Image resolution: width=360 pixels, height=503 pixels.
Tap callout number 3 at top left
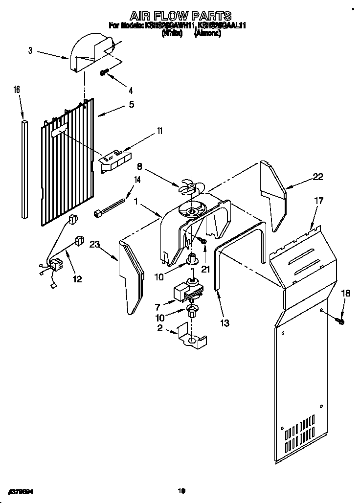point(30,50)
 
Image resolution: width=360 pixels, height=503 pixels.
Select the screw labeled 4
point(104,72)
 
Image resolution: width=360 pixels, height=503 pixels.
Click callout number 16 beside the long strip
point(17,90)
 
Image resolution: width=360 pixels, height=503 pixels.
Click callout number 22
point(318,177)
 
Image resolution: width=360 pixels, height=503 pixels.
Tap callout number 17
point(318,200)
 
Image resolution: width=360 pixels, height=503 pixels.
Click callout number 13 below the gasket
point(225,323)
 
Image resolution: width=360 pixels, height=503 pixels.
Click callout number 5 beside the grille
point(131,104)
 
